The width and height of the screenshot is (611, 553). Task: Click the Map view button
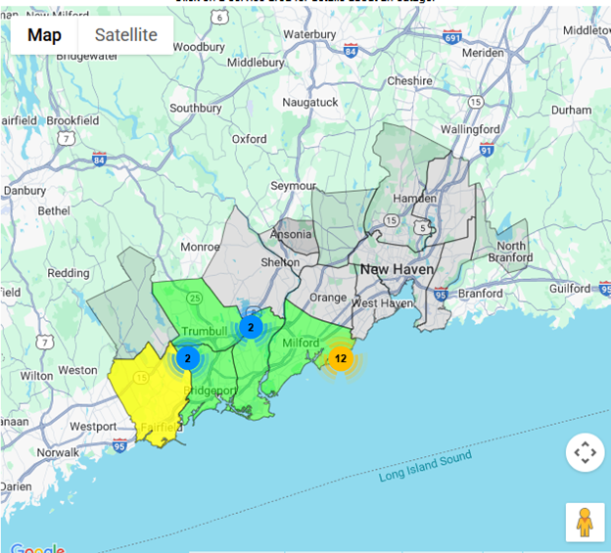[x=44, y=35]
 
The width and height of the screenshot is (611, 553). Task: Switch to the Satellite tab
[x=125, y=35]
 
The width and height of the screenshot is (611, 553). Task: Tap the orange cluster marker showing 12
[x=340, y=359]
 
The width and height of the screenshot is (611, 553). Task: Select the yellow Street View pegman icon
[x=585, y=522]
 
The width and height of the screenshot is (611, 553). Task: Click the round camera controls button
[x=585, y=453]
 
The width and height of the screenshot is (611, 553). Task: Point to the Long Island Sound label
[x=425, y=466]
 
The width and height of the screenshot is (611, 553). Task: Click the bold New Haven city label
[x=397, y=268]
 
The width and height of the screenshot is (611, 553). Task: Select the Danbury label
[x=24, y=190]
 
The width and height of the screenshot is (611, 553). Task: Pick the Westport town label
[x=93, y=427]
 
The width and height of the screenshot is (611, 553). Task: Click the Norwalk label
[x=58, y=452]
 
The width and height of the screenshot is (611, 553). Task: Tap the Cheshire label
[x=409, y=81]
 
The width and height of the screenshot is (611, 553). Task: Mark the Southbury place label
[x=196, y=109]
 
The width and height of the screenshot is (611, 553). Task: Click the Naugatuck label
[x=309, y=102]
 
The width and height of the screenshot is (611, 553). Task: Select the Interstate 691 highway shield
[x=451, y=36]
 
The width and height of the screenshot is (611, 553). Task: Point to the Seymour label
[x=294, y=185]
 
